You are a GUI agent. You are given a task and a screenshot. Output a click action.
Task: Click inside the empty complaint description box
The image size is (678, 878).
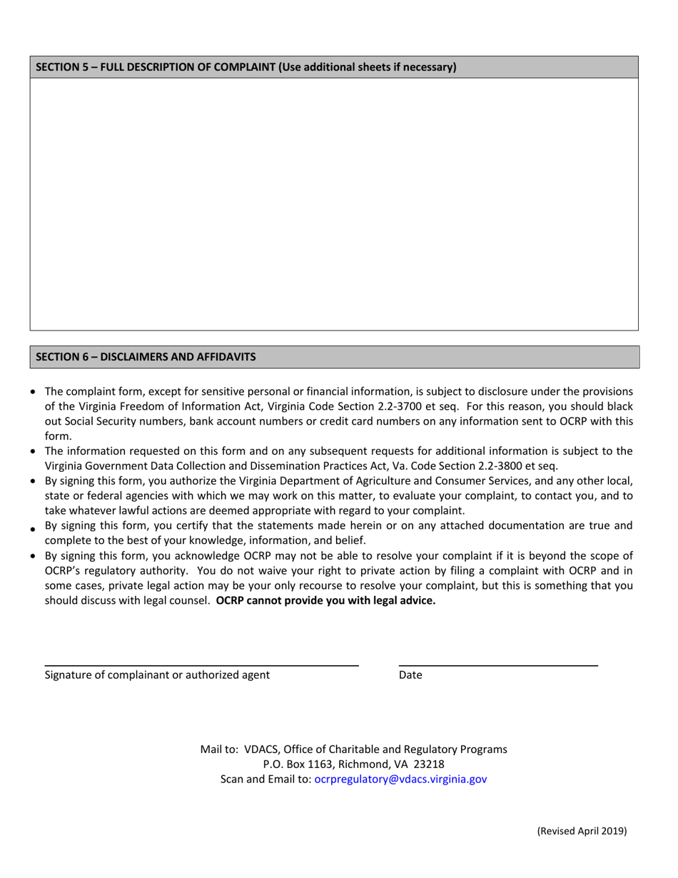pyautogui.click(x=334, y=203)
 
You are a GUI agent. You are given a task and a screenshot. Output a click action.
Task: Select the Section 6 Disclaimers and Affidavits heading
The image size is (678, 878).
pyautogui.click(x=146, y=356)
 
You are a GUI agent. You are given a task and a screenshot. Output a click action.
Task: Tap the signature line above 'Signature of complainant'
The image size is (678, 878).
pyautogui.click(x=201, y=665)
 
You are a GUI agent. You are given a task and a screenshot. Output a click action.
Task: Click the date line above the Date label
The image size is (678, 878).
pyautogui.click(x=497, y=665)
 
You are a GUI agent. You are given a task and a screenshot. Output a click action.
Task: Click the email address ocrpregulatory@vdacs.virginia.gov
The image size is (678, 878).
pyautogui.click(x=400, y=779)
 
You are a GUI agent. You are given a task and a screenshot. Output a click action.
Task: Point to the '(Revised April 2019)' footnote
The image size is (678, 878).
pyautogui.click(x=582, y=831)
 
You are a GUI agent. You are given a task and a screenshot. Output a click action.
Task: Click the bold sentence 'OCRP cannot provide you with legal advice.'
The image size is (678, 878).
pyautogui.click(x=325, y=600)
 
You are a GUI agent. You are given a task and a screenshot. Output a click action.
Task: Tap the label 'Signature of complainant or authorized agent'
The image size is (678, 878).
pyautogui.click(x=157, y=675)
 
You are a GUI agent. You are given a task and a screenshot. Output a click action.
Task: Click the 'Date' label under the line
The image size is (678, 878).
pyautogui.click(x=410, y=675)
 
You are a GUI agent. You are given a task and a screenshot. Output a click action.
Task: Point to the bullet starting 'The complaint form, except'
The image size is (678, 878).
pyautogui.click(x=34, y=392)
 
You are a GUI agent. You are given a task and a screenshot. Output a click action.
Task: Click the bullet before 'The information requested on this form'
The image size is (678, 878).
pyautogui.click(x=34, y=451)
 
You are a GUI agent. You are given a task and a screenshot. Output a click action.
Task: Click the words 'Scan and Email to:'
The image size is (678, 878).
pyautogui.click(x=265, y=779)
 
